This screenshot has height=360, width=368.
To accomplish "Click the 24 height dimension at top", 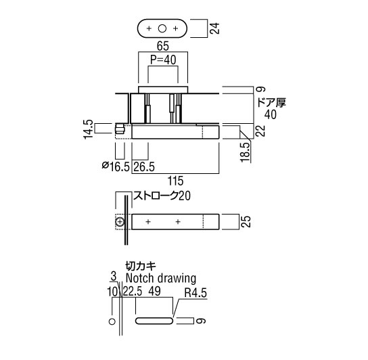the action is point(214,28).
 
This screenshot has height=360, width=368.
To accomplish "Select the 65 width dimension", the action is point(163,46).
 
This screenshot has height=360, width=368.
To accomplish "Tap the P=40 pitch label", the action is point(163,60).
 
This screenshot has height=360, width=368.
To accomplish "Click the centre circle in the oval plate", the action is point(162,28).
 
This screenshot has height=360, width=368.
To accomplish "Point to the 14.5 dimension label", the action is point(89,129).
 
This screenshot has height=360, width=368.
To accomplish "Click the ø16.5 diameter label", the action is point(116,166).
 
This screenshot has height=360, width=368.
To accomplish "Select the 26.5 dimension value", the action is point(144,166).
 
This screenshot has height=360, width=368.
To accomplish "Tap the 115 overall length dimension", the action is point(175,181).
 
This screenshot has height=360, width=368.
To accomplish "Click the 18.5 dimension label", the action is point(245,152).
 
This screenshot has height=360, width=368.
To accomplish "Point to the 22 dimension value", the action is point(260,131).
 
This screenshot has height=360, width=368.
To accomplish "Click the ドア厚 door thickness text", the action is point(272,103).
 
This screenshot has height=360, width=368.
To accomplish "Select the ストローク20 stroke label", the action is point(162,196).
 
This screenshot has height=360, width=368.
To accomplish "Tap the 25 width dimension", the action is point(246,221).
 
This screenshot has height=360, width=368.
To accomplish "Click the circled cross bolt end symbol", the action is point(120,222).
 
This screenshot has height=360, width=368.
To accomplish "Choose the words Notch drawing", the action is point(161,278).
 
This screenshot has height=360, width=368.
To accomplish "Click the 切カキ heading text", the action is point(141,267).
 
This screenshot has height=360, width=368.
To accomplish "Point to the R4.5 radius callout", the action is point(195,292).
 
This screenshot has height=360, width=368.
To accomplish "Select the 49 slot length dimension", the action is point(155,291).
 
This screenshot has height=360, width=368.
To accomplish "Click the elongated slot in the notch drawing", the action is point(154,321).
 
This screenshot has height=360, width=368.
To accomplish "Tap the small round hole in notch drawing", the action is point(112,321).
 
